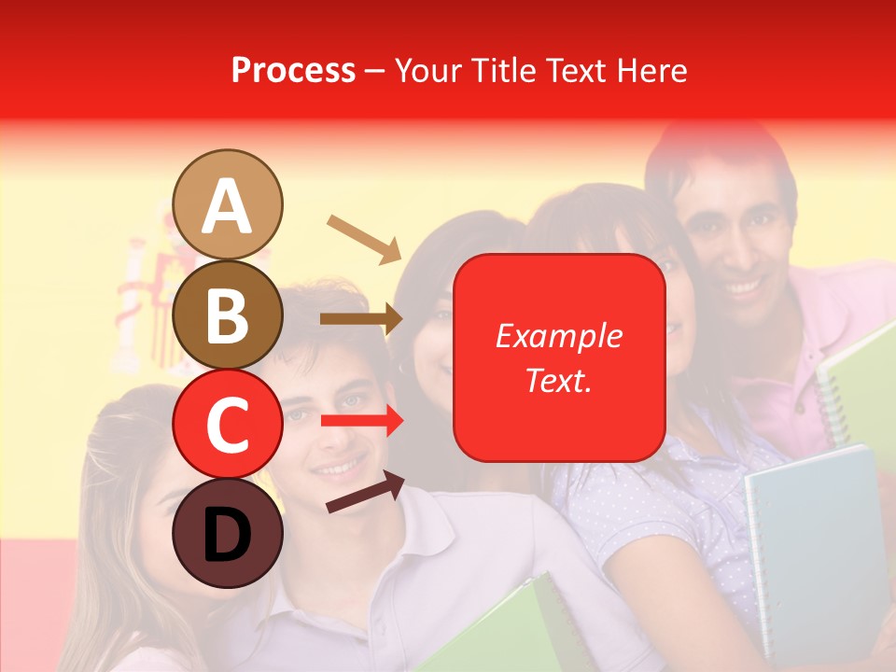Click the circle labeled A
228,204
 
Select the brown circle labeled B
228,315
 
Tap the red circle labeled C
228,424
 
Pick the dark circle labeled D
228,533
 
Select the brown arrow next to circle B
361,319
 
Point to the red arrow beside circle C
362,421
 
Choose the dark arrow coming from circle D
365,492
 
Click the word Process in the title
293,70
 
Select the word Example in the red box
559,336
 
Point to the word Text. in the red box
559,380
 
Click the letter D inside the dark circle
228,535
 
